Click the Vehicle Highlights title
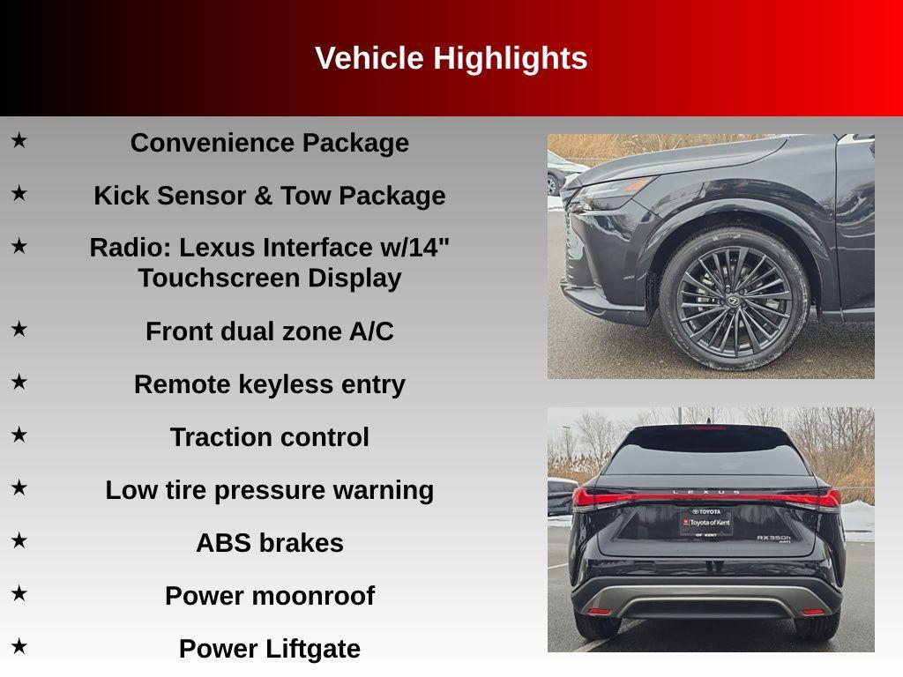451,58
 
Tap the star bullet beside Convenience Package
19,140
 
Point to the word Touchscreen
219,278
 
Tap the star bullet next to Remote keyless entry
19,382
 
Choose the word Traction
221,437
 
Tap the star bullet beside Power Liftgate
19,646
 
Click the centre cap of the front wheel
734,300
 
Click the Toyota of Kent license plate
706,523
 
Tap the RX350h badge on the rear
774,539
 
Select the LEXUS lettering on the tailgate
706,492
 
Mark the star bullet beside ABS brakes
19,540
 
